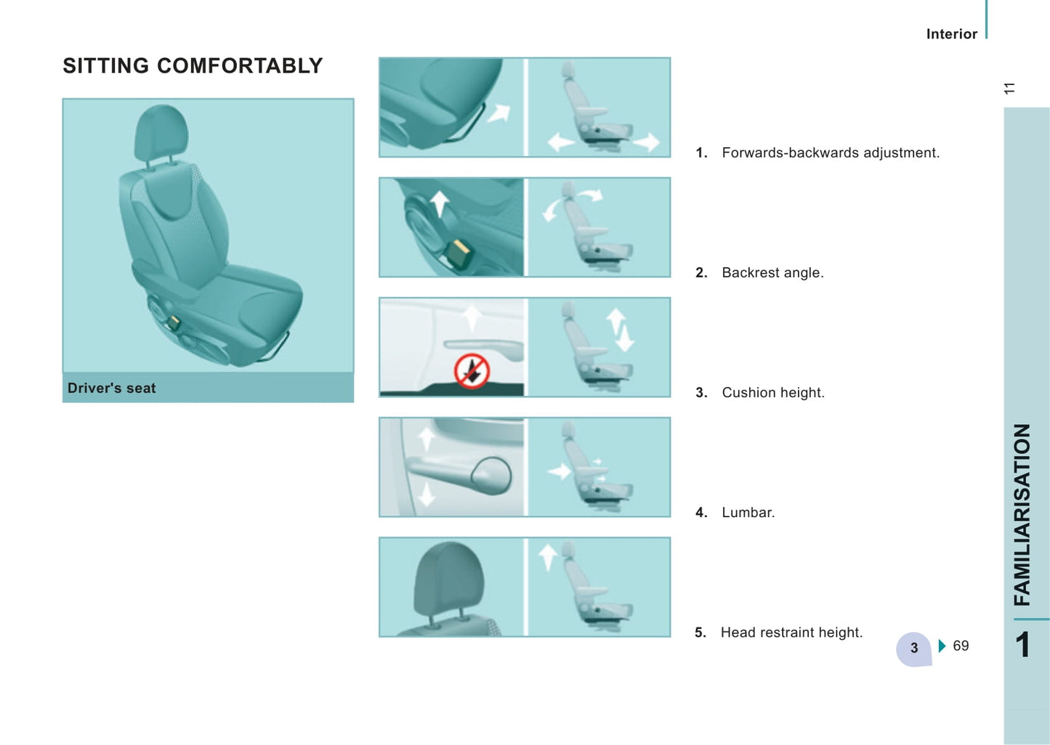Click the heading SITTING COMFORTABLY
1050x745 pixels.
pyautogui.click(x=193, y=65)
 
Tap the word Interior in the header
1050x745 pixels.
pyautogui.click(x=952, y=33)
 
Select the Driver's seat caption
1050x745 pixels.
pyautogui.click(x=112, y=388)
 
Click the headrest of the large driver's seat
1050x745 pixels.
pyautogui.click(x=161, y=133)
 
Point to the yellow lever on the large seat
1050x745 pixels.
pyautogui.click(x=174, y=322)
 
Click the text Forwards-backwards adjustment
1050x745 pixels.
pyautogui.click(x=831, y=152)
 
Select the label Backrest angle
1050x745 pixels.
pyautogui.click(x=772, y=273)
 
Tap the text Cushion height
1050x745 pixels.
pyautogui.click(x=773, y=393)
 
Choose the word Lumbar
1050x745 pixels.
pyautogui.click(x=748, y=513)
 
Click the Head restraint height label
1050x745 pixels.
pyautogui.click(x=792, y=632)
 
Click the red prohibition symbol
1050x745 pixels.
pyautogui.click(x=472, y=371)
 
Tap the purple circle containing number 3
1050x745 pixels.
pyautogui.click(x=913, y=648)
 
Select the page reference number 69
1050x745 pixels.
pyautogui.click(x=961, y=646)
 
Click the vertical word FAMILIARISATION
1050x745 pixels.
pyautogui.click(x=1022, y=515)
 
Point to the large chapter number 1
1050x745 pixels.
pyautogui.click(x=1022, y=645)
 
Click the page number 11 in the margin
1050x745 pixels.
pyautogui.click(x=1009, y=88)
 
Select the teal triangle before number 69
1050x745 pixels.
pyautogui.click(x=942, y=646)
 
